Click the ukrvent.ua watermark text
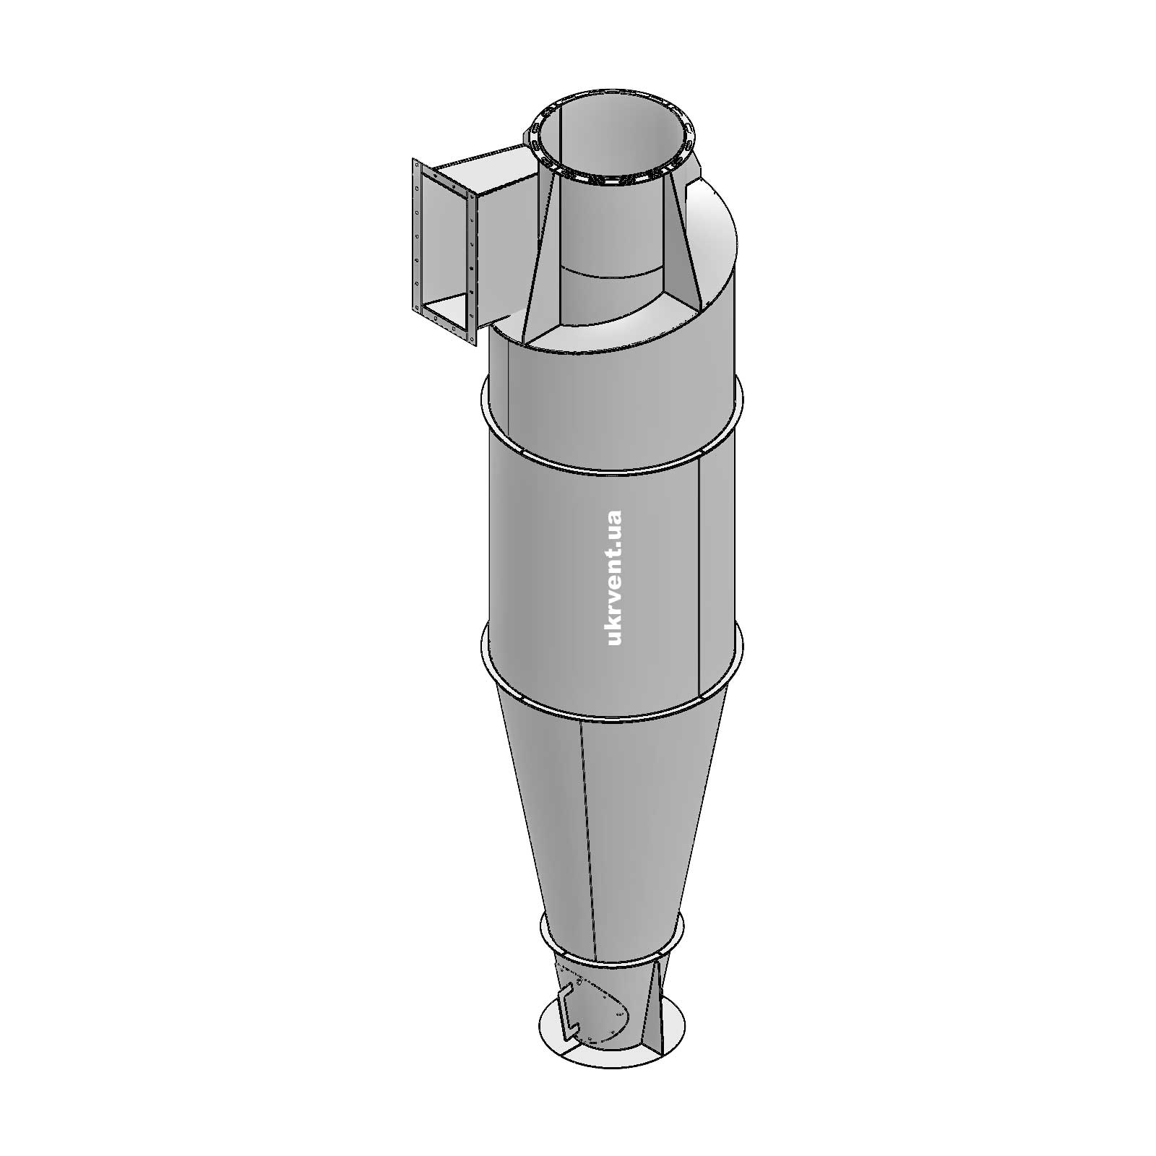point(615,578)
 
